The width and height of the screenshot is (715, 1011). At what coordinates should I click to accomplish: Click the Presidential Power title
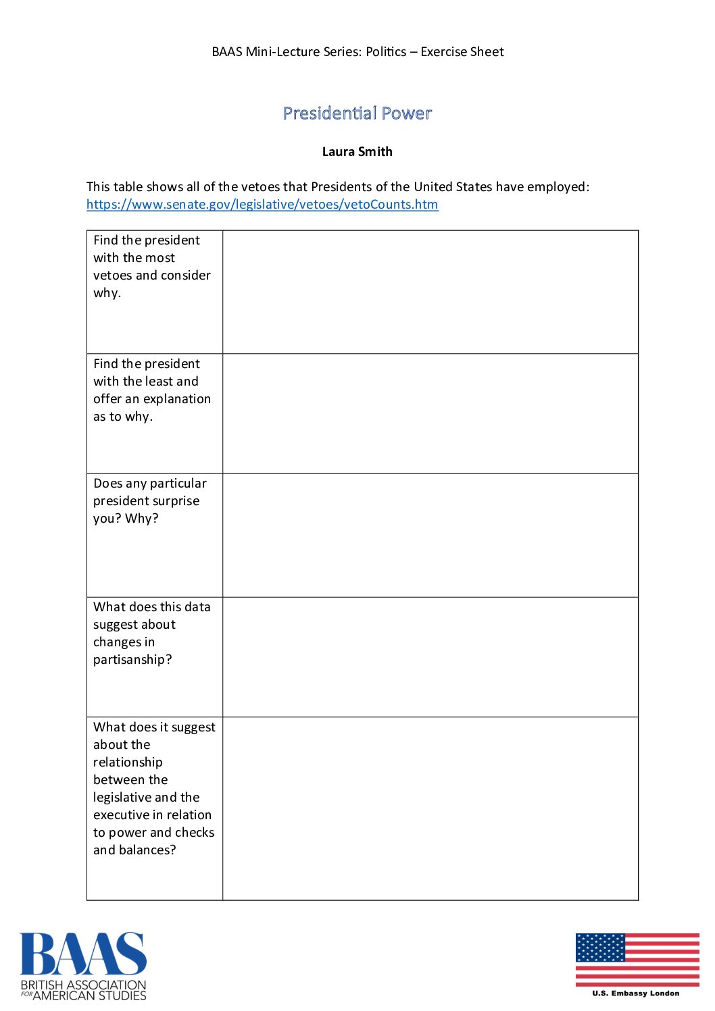coord(357,113)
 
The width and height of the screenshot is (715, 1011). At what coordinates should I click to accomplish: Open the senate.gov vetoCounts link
coord(262,205)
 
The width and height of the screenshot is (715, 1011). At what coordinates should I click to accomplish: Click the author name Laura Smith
coord(357,151)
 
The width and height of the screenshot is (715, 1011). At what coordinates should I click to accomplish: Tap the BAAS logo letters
coord(82,954)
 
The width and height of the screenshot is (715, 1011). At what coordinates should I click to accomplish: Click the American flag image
coord(637,960)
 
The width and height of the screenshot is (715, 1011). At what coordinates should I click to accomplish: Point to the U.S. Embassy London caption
coord(636,993)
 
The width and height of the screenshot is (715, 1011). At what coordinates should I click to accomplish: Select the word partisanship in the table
coord(131,660)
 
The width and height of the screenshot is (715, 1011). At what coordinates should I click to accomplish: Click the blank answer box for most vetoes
coord(430,292)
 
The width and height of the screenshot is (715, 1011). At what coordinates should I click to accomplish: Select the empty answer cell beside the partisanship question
coord(430,657)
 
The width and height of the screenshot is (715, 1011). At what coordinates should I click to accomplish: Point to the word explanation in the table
coord(176,399)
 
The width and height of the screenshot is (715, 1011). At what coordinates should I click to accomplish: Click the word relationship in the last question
coord(128,762)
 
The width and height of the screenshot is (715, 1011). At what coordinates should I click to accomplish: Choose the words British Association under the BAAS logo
coord(83,985)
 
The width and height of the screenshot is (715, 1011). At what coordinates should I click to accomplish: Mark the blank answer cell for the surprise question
coord(430,535)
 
